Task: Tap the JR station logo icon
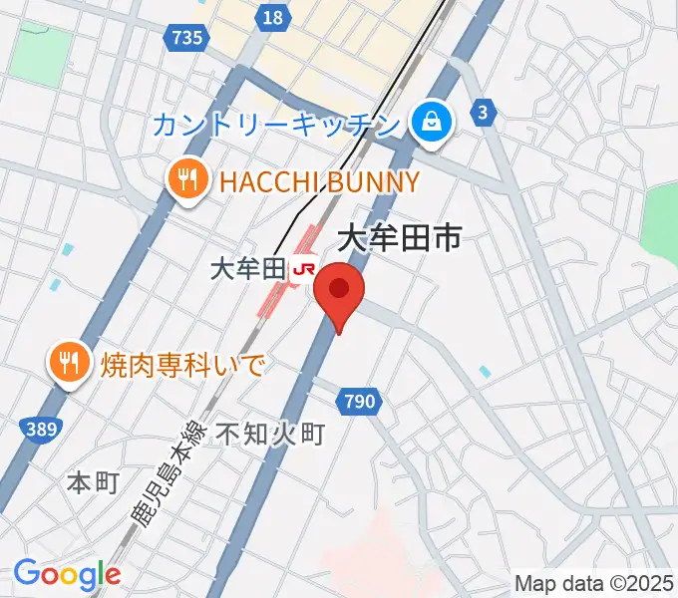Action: click(305, 268)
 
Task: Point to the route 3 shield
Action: click(484, 113)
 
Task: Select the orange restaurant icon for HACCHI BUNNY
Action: click(186, 180)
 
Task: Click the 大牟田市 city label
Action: click(400, 236)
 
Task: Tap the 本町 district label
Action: click(92, 482)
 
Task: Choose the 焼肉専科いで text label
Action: click(182, 364)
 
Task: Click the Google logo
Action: click(67, 574)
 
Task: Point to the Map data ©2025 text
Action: click(594, 583)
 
